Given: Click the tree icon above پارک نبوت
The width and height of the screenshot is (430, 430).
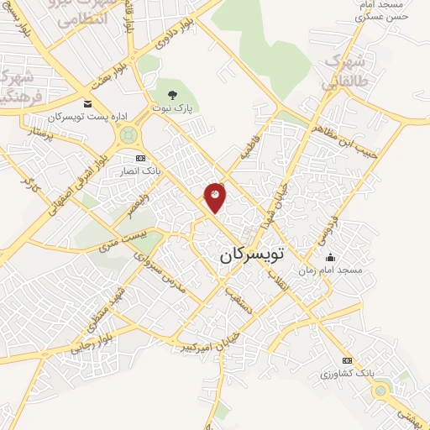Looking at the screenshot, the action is (x=173, y=94).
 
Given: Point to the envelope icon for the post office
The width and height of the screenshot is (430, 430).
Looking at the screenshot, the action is (x=88, y=102).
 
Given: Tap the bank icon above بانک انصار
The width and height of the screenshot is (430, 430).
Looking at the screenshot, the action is (x=140, y=158).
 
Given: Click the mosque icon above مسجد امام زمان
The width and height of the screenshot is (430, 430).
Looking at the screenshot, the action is (x=330, y=257).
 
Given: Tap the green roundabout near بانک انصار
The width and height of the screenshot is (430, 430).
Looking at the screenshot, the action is (x=128, y=134).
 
